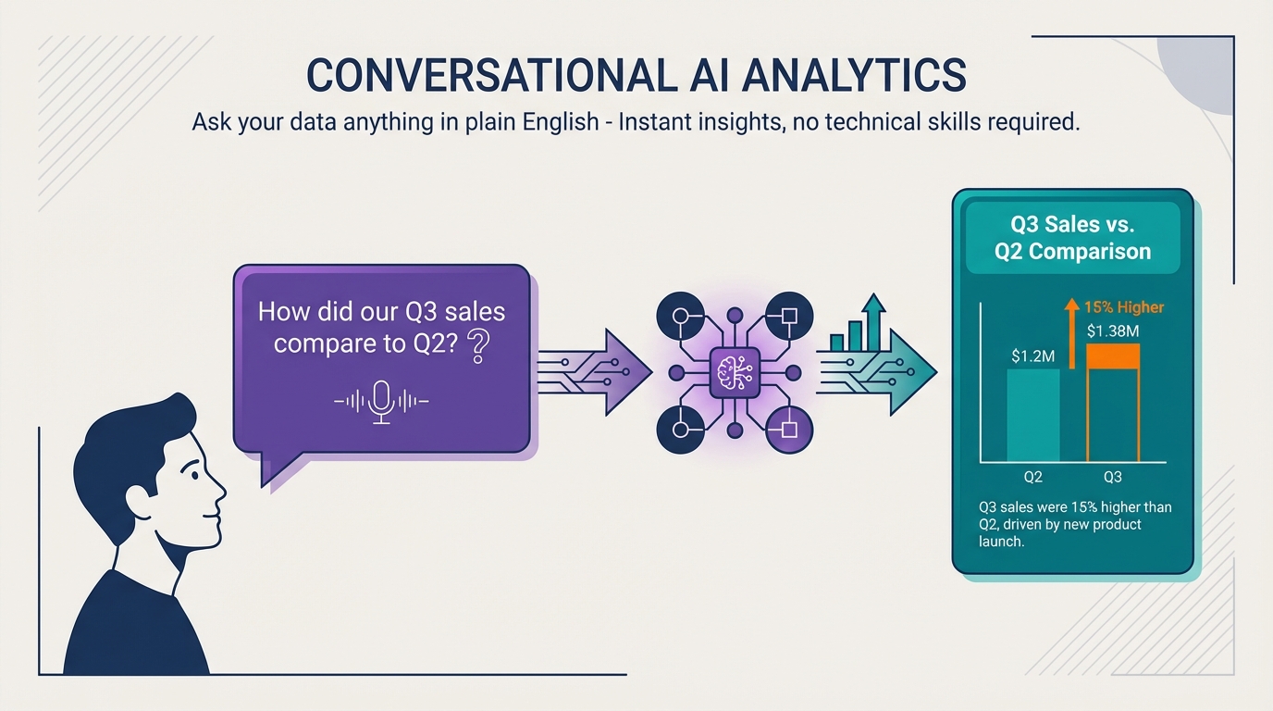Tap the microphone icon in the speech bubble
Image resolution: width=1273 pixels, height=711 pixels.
point(381,402)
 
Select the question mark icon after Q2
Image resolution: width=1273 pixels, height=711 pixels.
point(478,347)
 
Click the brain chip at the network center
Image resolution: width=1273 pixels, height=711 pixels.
point(735,372)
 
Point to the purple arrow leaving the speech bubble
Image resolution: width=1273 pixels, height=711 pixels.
point(595,372)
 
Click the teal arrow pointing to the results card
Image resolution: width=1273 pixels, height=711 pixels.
point(876,372)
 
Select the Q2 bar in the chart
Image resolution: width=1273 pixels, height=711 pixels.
point(1033,416)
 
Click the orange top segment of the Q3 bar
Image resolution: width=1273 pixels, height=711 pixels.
point(1113,356)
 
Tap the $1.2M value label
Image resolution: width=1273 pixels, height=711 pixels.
point(1032,356)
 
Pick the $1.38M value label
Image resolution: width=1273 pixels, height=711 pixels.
point(1113,331)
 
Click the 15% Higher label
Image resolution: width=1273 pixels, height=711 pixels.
point(1124,307)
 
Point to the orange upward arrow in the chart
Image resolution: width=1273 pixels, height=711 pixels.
point(1072,334)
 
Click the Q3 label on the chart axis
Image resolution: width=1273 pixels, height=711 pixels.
point(1113,477)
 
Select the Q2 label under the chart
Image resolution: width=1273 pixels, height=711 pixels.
point(1033,477)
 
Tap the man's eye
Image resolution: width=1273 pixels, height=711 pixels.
point(192,474)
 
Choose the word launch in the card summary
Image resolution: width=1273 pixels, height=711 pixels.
point(1001,541)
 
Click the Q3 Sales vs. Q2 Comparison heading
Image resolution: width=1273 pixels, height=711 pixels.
point(1072,238)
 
